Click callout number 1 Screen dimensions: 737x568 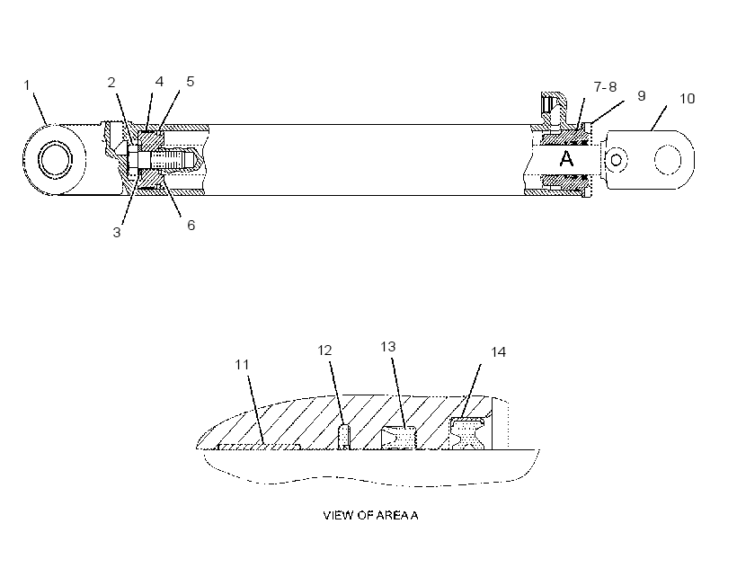coord(27,85)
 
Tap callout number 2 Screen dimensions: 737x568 coord(111,83)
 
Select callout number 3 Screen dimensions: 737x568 coord(117,232)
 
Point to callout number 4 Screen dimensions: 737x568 coord(159,82)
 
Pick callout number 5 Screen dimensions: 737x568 coord(190,82)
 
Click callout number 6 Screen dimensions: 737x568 coord(191,225)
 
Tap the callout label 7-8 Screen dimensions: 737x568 coord(605,87)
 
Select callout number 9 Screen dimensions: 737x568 coord(642,96)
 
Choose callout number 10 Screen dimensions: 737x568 coord(688,99)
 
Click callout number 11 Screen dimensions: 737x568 coord(242,365)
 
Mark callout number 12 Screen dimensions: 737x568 coord(324,351)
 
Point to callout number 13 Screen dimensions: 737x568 coord(388,347)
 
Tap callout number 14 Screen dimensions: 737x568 coord(498,352)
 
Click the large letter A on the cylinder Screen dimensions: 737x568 coord(567,159)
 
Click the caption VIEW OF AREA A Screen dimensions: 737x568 coord(370,515)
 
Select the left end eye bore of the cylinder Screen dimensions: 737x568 coord(56,159)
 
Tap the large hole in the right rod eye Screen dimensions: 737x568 coord(668,160)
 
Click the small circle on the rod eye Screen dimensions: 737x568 coord(616,160)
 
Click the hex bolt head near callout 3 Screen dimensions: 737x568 coord(133,161)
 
